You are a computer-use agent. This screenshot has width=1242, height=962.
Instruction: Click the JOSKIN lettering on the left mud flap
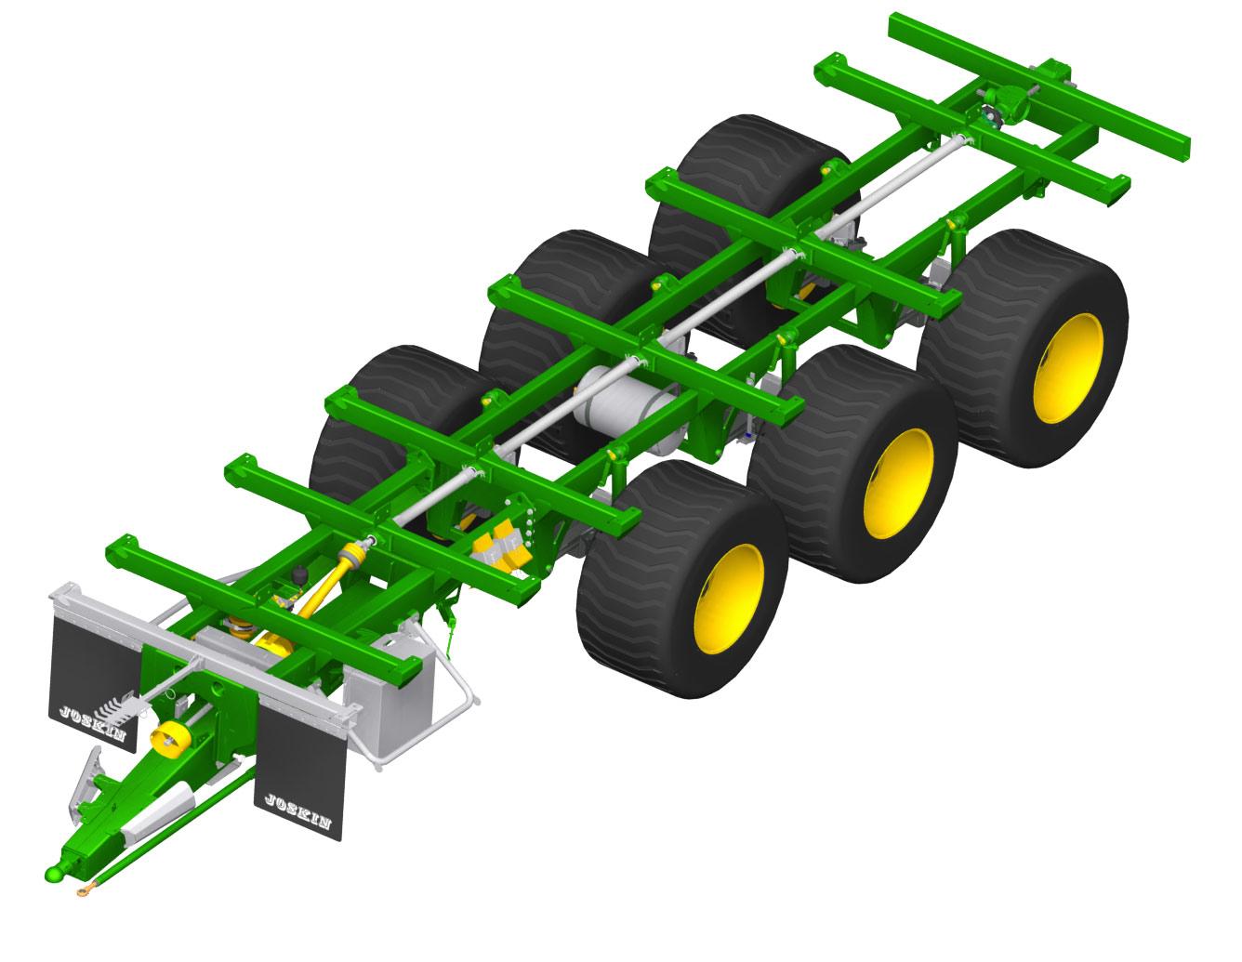92,723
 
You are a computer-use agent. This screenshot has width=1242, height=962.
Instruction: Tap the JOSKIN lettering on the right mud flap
297,811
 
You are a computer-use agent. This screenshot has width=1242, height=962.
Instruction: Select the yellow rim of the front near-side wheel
730,599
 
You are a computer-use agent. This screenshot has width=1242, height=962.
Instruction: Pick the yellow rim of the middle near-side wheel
899,483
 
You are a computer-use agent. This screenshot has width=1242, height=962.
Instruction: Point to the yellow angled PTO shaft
325,583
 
